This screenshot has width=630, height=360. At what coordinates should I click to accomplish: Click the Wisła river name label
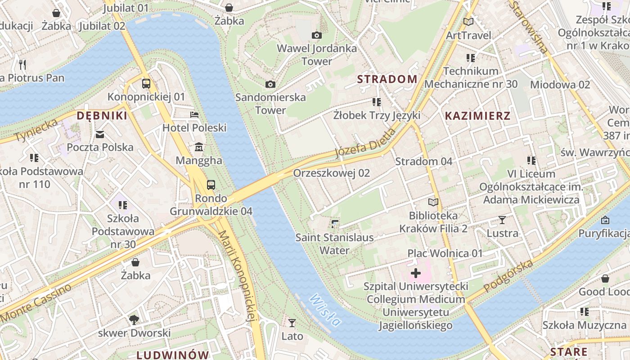[325, 310]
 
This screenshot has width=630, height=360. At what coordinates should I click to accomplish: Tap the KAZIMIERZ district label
[477, 116]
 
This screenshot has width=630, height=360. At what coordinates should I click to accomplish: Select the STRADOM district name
[387, 79]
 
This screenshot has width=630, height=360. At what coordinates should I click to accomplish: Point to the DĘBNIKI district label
[102, 116]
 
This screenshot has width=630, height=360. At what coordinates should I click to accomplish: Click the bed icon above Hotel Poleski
[194, 115]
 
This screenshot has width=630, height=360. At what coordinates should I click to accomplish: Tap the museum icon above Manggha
[199, 147]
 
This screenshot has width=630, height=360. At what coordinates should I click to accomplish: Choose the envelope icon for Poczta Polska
[100, 134]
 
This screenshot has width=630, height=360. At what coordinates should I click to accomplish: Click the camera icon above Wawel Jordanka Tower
[317, 35]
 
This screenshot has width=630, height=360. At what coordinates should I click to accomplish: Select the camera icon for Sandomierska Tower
[270, 84]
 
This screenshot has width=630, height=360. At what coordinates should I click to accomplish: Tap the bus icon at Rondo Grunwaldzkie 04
[211, 184]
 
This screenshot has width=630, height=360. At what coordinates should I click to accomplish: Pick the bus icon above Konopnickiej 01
[146, 83]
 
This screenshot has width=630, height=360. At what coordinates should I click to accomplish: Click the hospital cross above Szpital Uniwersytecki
[416, 273]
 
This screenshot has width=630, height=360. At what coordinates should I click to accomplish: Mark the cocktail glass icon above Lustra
[502, 220]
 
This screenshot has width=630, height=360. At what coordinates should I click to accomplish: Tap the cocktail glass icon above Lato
[292, 323]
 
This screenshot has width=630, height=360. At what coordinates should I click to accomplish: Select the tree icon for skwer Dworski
[134, 320]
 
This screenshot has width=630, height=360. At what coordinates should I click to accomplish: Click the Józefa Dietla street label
[365, 143]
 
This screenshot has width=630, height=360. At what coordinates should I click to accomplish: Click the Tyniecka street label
[37, 130]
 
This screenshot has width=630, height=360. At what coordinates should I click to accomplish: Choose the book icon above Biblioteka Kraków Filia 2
[433, 202]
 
